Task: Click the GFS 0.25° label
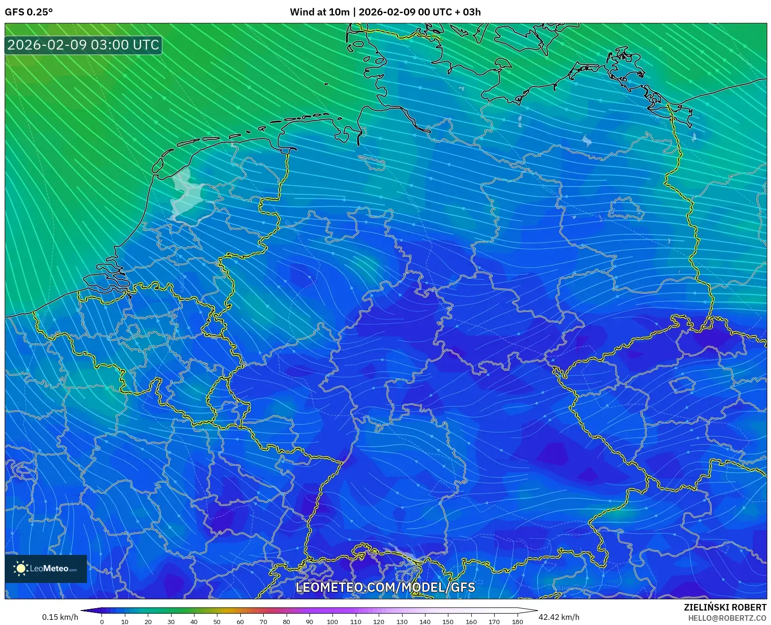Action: (x=29, y=12)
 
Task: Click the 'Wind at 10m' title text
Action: (x=319, y=12)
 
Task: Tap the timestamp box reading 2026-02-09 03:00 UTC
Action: (x=83, y=45)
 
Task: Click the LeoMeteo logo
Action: (x=46, y=568)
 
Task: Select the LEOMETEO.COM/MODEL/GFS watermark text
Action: (x=385, y=587)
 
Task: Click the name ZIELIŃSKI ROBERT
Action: (x=725, y=607)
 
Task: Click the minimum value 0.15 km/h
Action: (x=60, y=617)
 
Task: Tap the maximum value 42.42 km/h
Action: (x=559, y=617)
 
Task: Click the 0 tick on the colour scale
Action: (x=102, y=622)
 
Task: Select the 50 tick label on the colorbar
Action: (x=217, y=622)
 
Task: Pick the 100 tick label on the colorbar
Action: (x=332, y=622)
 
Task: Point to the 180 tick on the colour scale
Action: (x=517, y=622)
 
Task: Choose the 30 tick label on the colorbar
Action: (x=171, y=622)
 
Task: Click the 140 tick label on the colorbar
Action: (x=425, y=622)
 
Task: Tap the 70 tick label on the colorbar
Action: (x=263, y=622)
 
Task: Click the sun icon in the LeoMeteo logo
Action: (x=21, y=568)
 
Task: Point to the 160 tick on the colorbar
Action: (x=471, y=622)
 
